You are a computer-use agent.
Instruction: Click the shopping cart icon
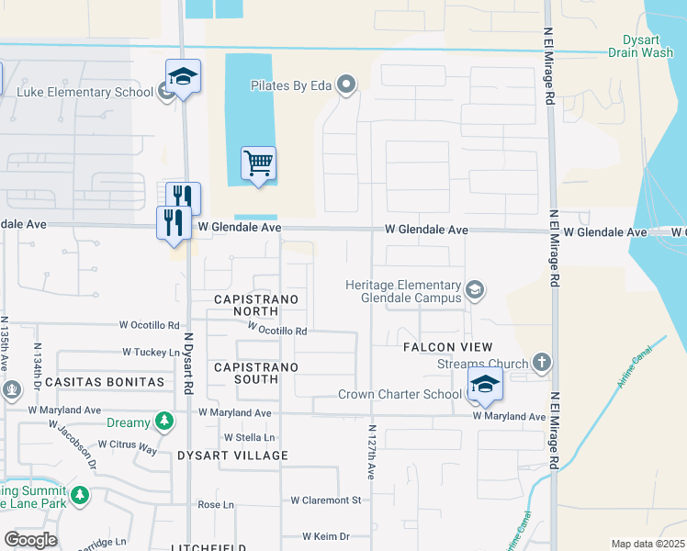coord(258,163)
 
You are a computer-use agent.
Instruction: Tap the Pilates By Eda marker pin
coord(346,86)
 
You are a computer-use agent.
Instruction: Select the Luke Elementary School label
coord(84,92)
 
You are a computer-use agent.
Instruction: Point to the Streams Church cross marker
coord(542,362)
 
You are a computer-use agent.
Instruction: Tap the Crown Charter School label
coord(400,395)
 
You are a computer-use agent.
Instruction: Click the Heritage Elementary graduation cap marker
coord(475,291)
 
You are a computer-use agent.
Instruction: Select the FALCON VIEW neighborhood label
coord(447,347)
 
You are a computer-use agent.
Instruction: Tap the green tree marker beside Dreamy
coord(163,421)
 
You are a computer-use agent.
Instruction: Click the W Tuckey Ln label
coord(152,352)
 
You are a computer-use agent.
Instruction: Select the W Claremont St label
coord(325,500)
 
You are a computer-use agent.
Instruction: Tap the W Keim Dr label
coord(326,536)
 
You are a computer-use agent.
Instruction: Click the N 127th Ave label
coord(372,452)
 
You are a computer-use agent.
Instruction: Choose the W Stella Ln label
coord(250,438)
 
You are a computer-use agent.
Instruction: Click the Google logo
coord(30,540)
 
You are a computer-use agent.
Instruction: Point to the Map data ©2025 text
coord(647,544)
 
